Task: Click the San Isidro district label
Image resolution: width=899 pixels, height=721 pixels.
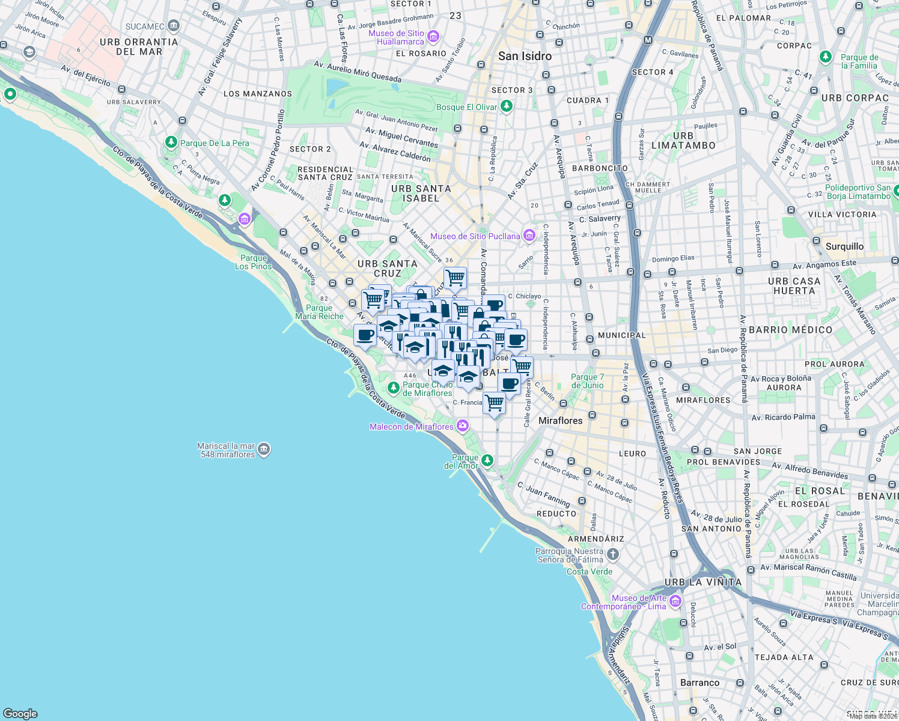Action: [x=525, y=56]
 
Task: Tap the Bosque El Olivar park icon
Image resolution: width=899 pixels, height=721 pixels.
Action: [x=507, y=106]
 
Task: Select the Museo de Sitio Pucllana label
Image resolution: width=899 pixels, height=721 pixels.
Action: [x=475, y=236]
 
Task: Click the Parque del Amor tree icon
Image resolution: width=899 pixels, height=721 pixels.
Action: [x=487, y=461]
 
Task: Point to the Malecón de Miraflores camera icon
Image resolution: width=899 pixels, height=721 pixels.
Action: [x=462, y=426]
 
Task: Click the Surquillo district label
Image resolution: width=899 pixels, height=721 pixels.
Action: [x=844, y=246]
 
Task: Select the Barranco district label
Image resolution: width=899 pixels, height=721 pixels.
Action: [x=699, y=683]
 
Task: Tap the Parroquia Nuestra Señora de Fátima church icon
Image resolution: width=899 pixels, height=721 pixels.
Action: [x=612, y=554]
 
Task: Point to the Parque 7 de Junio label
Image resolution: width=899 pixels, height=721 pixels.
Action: [x=587, y=381]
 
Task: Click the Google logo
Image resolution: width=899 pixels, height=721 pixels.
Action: [x=20, y=713]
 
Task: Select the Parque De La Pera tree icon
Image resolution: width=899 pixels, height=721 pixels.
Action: [x=171, y=142]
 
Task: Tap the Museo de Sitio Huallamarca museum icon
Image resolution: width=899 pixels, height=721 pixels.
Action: [x=433, y=37]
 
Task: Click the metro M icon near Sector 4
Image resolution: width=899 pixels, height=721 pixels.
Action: [x=647, y=40]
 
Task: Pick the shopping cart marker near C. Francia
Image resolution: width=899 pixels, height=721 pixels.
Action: [x=494, y=403]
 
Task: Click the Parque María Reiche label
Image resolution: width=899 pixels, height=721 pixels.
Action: [x=319, y=312]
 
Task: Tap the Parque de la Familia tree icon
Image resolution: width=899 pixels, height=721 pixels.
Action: [x=826, y=57]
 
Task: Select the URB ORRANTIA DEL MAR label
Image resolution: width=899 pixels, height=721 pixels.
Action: [x=139, y=47]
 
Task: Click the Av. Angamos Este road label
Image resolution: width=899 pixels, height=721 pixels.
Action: [x=824, y=264]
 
